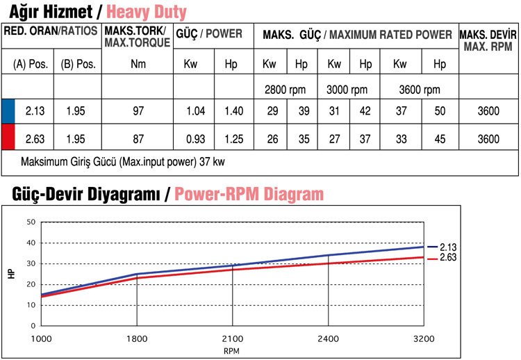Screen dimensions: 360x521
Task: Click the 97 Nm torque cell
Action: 138,111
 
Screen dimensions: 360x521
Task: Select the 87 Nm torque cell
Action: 138,139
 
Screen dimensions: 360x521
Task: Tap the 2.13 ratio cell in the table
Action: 35,111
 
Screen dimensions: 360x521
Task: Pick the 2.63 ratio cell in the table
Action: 35,139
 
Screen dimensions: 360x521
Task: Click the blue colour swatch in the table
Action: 8,111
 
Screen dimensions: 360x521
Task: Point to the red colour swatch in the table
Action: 8,139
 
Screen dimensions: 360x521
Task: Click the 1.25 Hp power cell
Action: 234,139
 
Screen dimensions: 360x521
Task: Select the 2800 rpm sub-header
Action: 286,90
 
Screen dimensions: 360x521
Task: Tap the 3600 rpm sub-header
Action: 419,90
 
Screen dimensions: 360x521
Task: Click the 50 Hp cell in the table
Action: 439,111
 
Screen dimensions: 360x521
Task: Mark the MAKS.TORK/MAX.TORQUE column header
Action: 138,38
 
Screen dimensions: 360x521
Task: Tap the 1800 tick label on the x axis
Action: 136,338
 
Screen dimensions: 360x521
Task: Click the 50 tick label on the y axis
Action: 31,222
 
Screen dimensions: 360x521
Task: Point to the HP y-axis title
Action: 11,274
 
